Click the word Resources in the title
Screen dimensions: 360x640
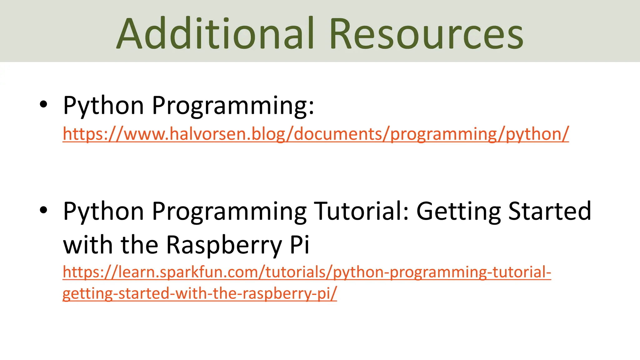point(426,34)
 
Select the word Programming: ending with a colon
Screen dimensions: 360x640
point(233,106)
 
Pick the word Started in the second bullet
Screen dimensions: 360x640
point(550,211)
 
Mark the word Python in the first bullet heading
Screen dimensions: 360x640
point(103,106)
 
